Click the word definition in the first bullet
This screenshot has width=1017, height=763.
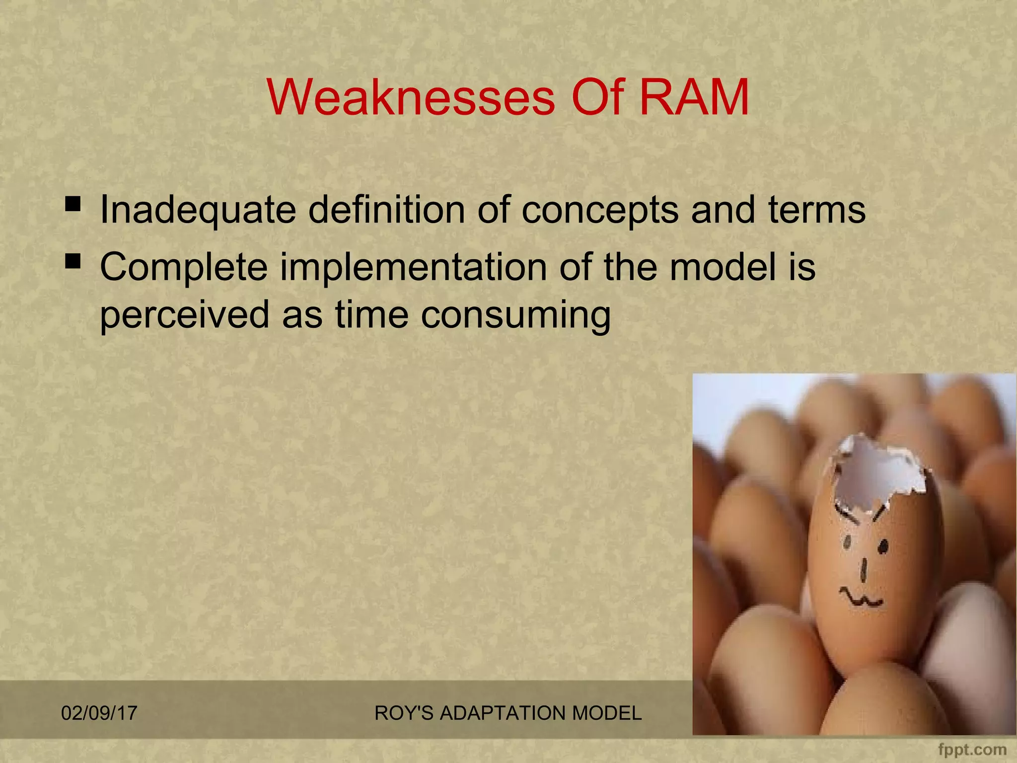click(386, 210)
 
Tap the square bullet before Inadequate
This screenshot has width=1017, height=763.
click(73, 203)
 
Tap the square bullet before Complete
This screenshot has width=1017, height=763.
click(73, 260)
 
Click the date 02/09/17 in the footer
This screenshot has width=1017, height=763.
click(99, 713)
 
